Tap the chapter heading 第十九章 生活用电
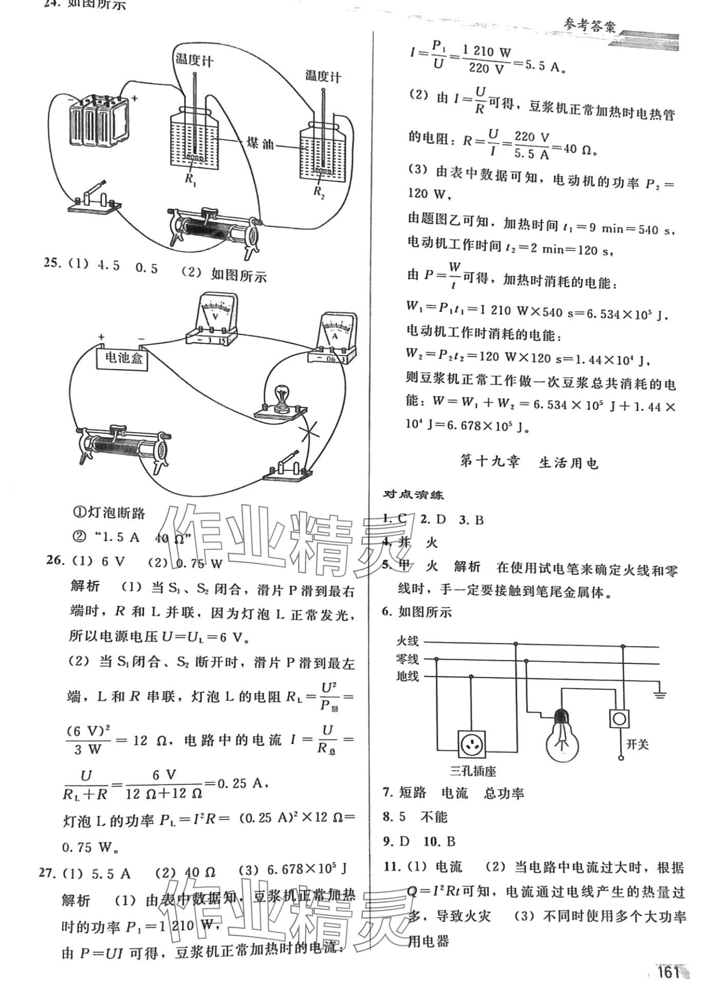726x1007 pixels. (x=529, y=463)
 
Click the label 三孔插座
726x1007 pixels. (x=473, y=771)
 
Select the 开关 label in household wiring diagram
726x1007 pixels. (x=637, y=745)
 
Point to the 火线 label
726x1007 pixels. (x=407, y=641)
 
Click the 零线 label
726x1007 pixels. (x=407, y=659)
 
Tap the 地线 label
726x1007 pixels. (x=407, y=676)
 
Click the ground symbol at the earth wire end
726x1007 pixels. (x=660, y=695)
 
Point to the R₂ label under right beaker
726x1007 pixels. (x=319, y=192)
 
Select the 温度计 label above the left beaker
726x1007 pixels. (x=194, y=60)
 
